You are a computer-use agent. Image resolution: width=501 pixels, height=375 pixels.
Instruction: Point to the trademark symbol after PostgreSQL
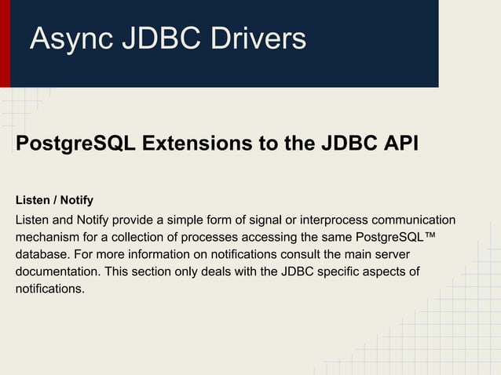tap(429, 235)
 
